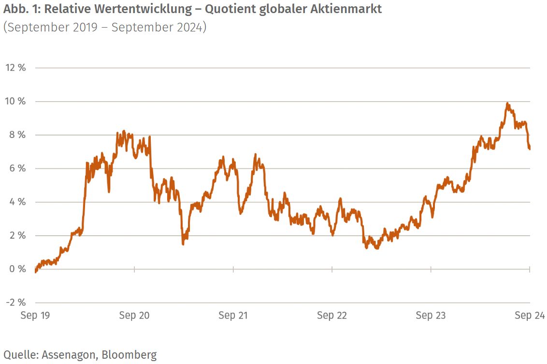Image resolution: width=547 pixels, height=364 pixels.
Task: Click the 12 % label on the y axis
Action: tap(15, 68)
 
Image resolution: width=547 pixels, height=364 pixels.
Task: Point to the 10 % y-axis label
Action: tap(15, 101)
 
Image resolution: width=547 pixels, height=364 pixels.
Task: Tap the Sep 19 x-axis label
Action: tap(35, 316)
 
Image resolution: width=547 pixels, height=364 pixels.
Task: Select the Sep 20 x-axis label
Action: tap(134, 316)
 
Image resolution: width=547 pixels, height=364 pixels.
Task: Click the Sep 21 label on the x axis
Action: tap(233, 316)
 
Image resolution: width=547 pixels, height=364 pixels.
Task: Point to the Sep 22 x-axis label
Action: tap(332, 316)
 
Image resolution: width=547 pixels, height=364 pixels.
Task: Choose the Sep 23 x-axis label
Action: tap(431, 316)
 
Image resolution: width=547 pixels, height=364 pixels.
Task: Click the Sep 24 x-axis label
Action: tap(530, 316)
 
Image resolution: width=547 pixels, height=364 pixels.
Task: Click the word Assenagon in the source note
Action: tap(71, 355)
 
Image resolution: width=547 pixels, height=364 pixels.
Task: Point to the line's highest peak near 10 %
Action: tap(507, 103)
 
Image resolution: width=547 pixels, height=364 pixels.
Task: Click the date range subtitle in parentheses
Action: tap(105, 27)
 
